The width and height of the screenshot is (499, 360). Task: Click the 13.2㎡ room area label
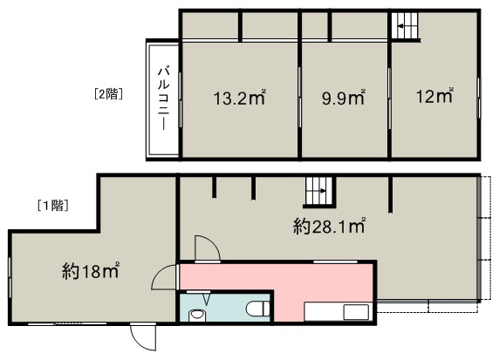click(x=239, y=98)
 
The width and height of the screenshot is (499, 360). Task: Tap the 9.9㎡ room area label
click(x=343, y=98)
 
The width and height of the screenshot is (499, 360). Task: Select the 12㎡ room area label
click(x=434, y=95)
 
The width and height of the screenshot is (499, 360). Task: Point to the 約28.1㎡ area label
click(x=329, y=227)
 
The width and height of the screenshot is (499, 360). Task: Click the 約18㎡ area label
click(x=91, y=271)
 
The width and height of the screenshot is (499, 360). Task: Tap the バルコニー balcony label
click(x=164, y=98)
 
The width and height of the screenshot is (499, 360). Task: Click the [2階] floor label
click(x=108, y=94)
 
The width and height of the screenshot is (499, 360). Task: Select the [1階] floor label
click(x=53, y=206)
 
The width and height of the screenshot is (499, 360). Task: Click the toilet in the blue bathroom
click(x=258, y=309)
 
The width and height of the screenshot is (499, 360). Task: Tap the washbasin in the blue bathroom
click(x=198, y=316)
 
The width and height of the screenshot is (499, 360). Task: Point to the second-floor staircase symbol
click(x=404, y=25)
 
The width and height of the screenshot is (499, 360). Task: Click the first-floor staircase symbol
click(x=318, y=191)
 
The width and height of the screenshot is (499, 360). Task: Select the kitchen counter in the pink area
click(x=337, y=312)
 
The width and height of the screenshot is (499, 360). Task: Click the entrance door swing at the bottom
click(x=142, y=337)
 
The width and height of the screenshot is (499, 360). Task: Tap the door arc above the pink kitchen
click(x=207, y=248)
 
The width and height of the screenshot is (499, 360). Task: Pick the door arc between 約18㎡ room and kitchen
click(x=164, y=276)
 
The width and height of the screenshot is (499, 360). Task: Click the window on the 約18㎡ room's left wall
click(x=10, y=278)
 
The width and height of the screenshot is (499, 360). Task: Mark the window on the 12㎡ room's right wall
click(x=478, y=98)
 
